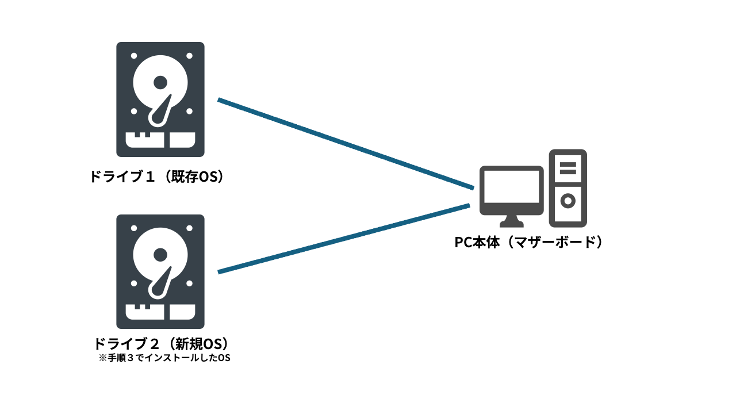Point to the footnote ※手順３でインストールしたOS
click(x=164, y=358)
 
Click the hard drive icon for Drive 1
click(x=160, y=99)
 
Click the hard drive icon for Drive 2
click(x=160, y=271)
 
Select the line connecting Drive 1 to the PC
click(x=345, y=144)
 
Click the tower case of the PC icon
click(x=568, y=187)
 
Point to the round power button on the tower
click(x=568, y=201)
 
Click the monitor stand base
click(x=511, y=223)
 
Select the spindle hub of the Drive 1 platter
click(x=160, y=82)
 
